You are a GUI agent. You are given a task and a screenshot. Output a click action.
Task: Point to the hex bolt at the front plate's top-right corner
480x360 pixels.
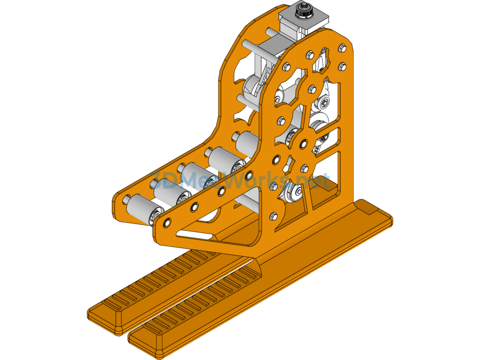pos(342,47)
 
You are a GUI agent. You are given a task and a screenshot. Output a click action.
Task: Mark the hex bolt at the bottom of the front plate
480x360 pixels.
pos(274,216)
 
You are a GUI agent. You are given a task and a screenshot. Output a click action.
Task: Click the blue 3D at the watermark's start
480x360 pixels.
pos(160,181)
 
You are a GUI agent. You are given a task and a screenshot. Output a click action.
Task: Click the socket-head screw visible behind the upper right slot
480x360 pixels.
pos(325,102)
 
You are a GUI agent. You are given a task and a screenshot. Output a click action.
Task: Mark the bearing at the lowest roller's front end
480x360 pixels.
pos(152,217)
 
